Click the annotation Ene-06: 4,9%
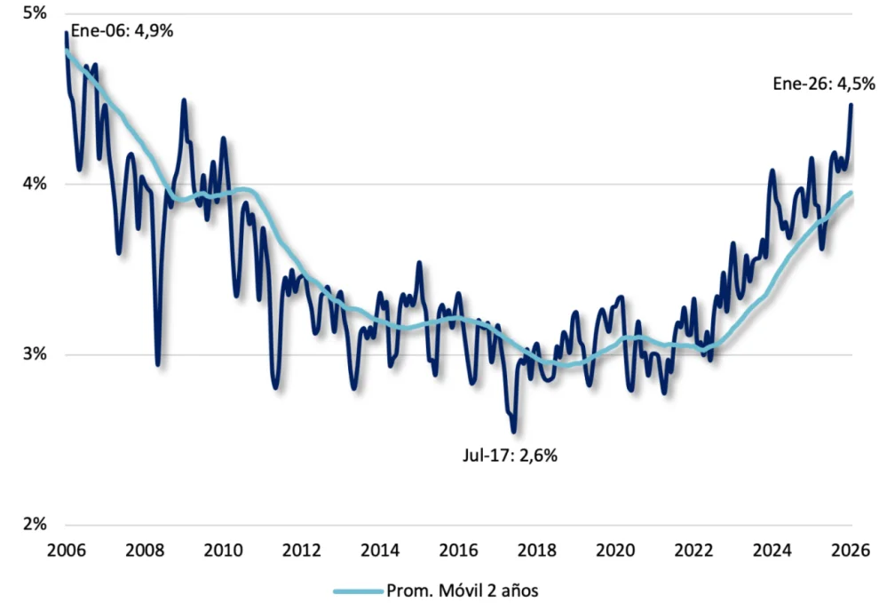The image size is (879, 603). pyautogui.click(x=122, y=31)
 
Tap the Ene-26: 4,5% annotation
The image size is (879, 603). pyautogui.click(x=824, y=85)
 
